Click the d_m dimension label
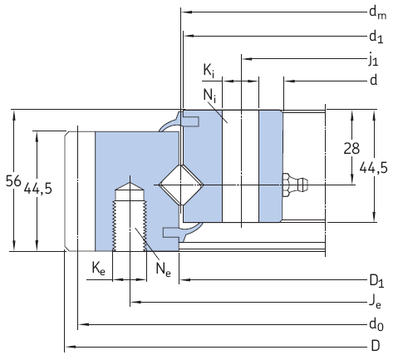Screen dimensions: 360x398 coord(377,12)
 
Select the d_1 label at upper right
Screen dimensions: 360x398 coord(376,37)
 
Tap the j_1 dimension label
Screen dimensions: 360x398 coord(375,59)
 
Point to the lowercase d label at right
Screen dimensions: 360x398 coord(373,80)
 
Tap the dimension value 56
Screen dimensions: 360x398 coord(12,180)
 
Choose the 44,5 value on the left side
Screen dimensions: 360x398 coord(38,189)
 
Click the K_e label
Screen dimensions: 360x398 coord(98,268)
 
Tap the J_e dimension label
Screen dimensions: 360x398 coord(376,301)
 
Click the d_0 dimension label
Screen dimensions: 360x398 coord(376,323)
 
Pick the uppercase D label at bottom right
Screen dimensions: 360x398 coord(375,345)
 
